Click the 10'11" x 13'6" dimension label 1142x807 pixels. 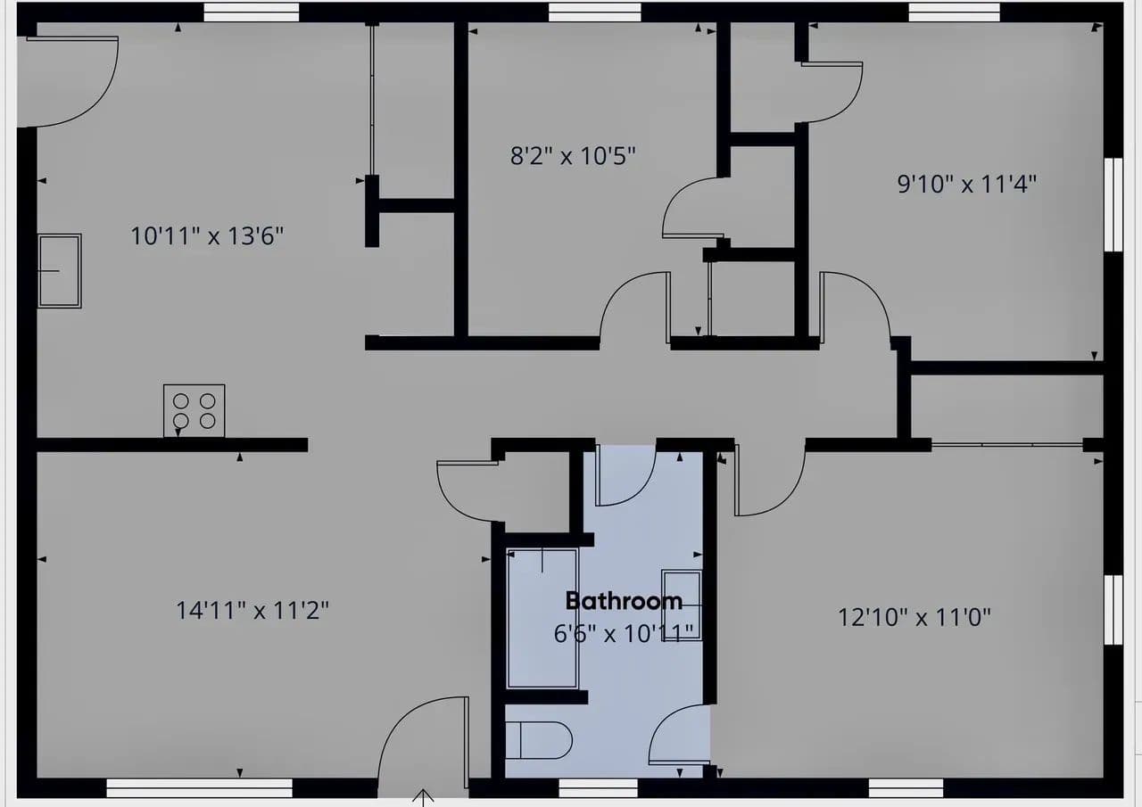tap(207, 236)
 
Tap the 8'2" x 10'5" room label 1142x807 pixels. tap(573, 156)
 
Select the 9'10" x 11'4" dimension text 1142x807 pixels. tap(966, 184)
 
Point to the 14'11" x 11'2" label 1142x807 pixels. tap(252, 610)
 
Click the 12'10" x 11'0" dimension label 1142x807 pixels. tap(914, 617)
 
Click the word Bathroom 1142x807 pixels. tap(624, 602)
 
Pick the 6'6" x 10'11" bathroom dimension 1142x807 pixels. tap(624, 634)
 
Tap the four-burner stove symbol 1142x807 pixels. tap(194, 410)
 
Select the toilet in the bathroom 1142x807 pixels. tap(538, 740)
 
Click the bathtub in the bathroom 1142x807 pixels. tap(542, 618)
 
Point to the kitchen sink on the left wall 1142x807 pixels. tap(60, 271)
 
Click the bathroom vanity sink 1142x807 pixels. tap(682, 605)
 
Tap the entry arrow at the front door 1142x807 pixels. tap(423, 798)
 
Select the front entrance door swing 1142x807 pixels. tap(423, 745)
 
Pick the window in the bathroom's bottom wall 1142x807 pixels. tap(598, 788)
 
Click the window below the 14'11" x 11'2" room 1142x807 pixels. tap(199, 788)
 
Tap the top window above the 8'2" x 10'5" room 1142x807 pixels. tap(594, 12)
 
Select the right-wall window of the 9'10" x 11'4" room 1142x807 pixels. tap(1113, 205)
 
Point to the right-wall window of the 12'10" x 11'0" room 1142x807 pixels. tap(1113, 610)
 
